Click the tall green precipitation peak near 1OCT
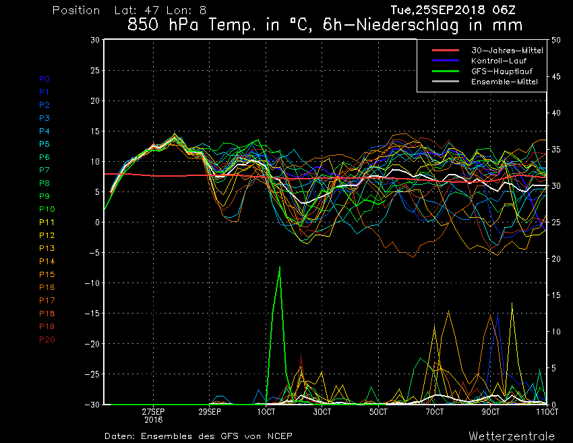tap(280, 268)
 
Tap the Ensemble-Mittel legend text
tap(504, 82)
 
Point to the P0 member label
tap(44, 79)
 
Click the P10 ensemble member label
tap(47, 209)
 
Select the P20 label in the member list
tap(47, 339)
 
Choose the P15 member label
tap(47, 274)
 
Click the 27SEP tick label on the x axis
tap(153, 411)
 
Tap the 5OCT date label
tap(378, 411)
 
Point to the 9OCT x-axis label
tap(491, 411)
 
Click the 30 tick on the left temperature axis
tap(95, 40)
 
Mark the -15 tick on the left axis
tap(92, 314)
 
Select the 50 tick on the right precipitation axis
tap(556, 40)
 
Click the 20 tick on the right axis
tap(556, 259)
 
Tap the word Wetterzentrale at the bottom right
tap(512, 436)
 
